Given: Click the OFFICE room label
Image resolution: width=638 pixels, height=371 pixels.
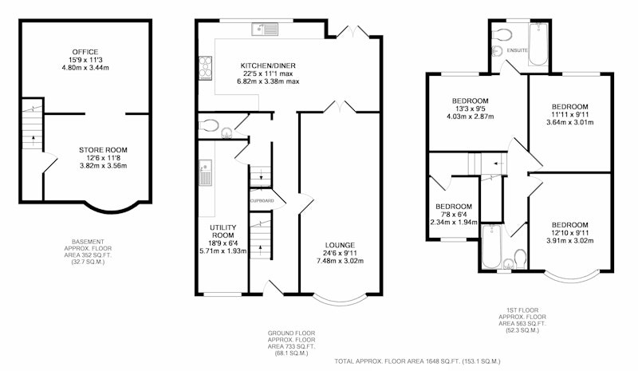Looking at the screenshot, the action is (x=85, y=52).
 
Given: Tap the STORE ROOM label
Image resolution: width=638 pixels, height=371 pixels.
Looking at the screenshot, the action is (x=103, y=150).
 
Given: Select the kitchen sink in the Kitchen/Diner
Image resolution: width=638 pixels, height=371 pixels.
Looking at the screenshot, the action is (x=265, y=30).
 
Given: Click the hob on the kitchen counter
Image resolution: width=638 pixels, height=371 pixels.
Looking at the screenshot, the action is (x=206, y=68).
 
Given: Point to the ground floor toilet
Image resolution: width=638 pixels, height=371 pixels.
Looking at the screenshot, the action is (x=210, y=125).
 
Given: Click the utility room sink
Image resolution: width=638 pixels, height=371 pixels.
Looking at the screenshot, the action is (x=206, y=172).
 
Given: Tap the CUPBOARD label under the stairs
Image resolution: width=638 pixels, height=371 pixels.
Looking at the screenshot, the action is (x=262, y=201).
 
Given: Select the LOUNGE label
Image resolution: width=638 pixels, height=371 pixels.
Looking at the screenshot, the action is (x=340, y=245).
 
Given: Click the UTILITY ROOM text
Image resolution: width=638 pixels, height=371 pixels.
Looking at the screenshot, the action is (x=223, y=231).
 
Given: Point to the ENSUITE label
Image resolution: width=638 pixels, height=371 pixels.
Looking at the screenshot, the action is (x=517, y=50).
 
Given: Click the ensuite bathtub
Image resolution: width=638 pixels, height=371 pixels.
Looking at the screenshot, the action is (x=538, y=44).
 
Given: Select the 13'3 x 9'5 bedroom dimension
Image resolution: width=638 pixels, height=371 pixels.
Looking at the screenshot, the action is (x=470, y=109).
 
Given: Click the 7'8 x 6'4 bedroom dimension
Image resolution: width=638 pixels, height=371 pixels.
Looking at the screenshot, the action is (x=454, y=214).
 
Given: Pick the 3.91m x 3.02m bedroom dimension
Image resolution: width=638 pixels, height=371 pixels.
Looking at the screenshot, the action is (x=569, y=241).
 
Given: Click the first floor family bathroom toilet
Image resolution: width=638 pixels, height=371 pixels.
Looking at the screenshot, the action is (x=521, y=258).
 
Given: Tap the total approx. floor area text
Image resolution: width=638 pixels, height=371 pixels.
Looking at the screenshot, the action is (x=417, y=361).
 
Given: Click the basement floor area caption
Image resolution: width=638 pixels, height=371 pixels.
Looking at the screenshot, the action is (x=88, y=251).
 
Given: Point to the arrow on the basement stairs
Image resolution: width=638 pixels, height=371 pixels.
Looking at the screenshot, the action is (x=32, y=140).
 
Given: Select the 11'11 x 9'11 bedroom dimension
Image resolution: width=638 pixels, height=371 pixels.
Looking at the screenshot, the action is (x=569, y=114).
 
